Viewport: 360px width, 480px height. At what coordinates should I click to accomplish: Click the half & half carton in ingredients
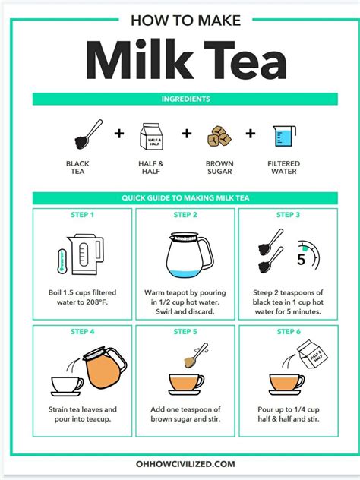pyautogui.click(x=151, y=137)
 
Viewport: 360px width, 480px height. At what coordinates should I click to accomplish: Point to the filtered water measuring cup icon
pyautogui.click(x=283, y=137)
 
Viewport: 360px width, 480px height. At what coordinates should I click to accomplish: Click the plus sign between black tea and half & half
pyautogui.click(x=118, y=134)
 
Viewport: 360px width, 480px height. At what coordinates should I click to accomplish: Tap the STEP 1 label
pyautogui.click(x=82, y=215)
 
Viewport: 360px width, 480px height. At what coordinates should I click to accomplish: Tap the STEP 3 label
pyautogui.click(x=288, y=215)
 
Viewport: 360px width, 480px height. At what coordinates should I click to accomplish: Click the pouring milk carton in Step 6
pyautogui.click(x=311, y=355)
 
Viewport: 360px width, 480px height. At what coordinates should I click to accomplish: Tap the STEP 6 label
pyautogui.click(x=288, y=331)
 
